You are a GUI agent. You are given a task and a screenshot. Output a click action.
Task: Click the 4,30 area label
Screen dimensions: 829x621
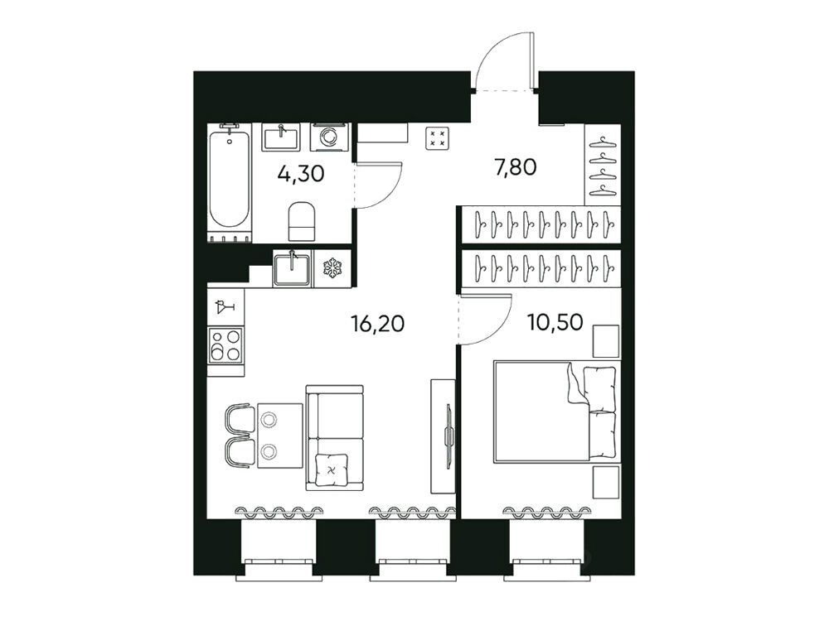click(300, 173)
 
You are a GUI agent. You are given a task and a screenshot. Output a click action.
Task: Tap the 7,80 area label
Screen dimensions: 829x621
click(515, 167)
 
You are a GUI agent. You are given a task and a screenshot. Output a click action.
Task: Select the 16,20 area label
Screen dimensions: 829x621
click(377, 323)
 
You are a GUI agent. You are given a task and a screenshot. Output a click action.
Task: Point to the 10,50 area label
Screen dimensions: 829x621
click(555, 321)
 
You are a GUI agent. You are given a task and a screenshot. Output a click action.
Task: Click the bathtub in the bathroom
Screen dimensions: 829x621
click(229, 180)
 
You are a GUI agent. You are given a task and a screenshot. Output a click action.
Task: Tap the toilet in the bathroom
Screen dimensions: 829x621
click(302, 220)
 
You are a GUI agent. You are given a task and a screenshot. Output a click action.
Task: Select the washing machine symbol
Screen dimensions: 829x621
click(330, 137)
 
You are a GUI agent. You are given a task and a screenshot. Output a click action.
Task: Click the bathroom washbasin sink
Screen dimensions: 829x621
click(281, 137)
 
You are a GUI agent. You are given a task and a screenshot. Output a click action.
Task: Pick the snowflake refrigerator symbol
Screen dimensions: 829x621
click(332, 267)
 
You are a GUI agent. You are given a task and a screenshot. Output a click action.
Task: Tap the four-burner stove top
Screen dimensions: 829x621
click(226, 344)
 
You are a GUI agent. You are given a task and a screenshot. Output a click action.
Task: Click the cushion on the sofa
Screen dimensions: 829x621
click(332, 469)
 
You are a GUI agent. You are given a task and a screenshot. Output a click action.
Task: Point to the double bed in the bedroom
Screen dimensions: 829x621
click(555, 412)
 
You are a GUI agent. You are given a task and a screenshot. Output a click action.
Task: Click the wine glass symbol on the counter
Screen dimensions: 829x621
click(225, 306)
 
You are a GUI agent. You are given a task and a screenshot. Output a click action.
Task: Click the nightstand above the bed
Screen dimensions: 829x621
click(606, 341)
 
